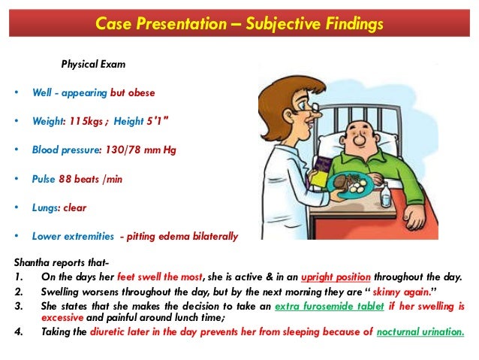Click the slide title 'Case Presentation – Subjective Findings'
pos(239,24)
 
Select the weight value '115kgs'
pos(89,121)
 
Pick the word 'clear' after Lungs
pos(75,207)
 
